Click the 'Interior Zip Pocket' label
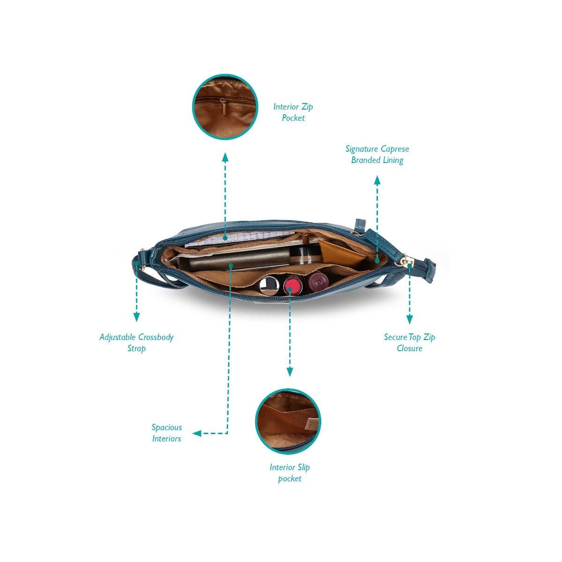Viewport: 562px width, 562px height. pos(293,112)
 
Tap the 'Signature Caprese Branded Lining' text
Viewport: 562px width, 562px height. pos(377,155)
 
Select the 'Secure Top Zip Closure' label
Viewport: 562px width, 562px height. pos(409,343)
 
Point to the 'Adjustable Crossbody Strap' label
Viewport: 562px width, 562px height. pos(136,343)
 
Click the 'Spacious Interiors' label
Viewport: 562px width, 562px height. pos(166,433)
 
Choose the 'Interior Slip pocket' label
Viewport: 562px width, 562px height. pos(289,473)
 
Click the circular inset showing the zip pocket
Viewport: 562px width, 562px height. pos(225,107)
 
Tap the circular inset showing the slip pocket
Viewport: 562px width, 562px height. pos(288,421)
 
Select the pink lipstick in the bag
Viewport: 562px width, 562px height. pos(292,285)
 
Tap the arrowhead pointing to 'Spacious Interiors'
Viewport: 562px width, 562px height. pos(197,434)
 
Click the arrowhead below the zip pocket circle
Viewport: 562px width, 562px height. pos(225,157)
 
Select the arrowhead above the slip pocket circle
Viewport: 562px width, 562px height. pos(289,372)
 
